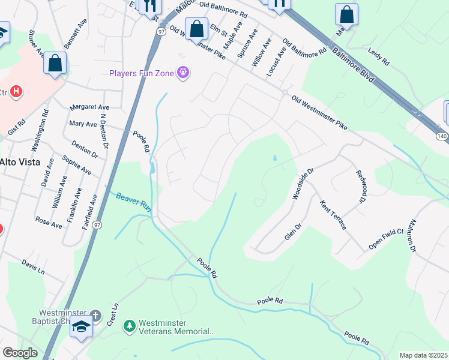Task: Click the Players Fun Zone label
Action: [141, 74]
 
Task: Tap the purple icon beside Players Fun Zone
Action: [183, 73]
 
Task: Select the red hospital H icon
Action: [17, 92]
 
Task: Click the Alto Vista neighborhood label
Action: [20, 162]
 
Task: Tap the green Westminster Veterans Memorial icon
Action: [129, 326]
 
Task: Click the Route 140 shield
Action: [441, 137]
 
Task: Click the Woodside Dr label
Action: [303, 184]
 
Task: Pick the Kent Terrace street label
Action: [333, 215]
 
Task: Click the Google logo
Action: [20, 353]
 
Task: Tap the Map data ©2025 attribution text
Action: [423, 355]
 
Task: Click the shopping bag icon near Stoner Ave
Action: [55, 63]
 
